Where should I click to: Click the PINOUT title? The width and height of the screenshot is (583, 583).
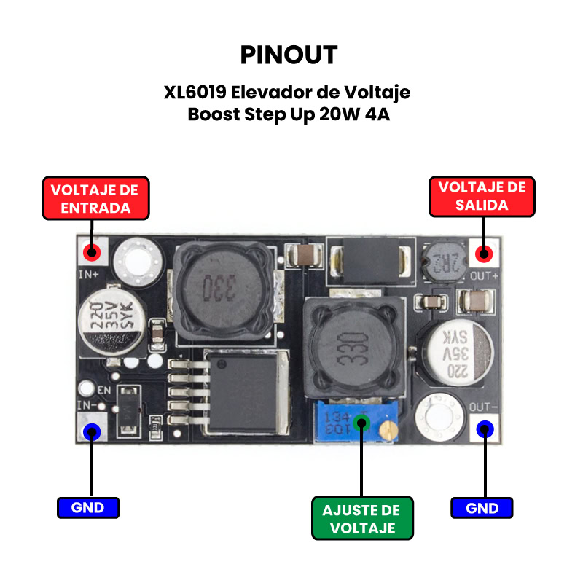click(x=289, y=55)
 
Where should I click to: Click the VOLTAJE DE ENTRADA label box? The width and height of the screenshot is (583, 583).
click(x=95, y=198)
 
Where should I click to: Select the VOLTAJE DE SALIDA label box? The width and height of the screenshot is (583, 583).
click(x=482, y=196)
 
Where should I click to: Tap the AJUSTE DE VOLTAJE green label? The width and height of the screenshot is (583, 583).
click(x=362, y=518)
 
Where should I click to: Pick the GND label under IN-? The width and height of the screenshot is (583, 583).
click(x=87, y=507)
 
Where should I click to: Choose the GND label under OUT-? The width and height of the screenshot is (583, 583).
click(x=482, y=507)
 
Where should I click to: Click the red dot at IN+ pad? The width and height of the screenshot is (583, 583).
click(x=92, y=253)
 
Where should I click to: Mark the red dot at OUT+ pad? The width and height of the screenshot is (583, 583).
click(x=483, y=254)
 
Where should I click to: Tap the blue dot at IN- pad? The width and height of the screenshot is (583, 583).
click(x=92, y=431)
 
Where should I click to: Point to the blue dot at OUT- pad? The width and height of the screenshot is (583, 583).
click(x=484, y=429)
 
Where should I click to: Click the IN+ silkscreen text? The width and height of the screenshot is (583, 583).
click(x=89, y=275)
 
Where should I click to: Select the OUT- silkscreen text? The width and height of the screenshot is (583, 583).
click(x=483, y=407)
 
